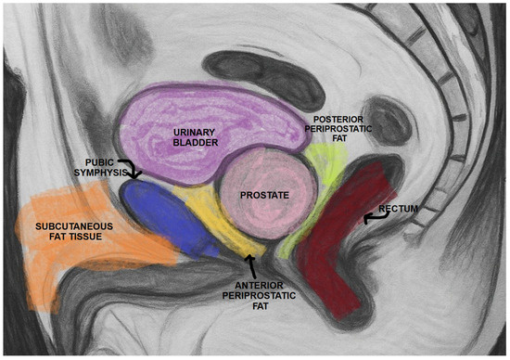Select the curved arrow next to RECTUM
tap(371, 216)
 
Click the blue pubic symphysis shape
tap(167, 218)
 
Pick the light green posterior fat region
tap(320, 167)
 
